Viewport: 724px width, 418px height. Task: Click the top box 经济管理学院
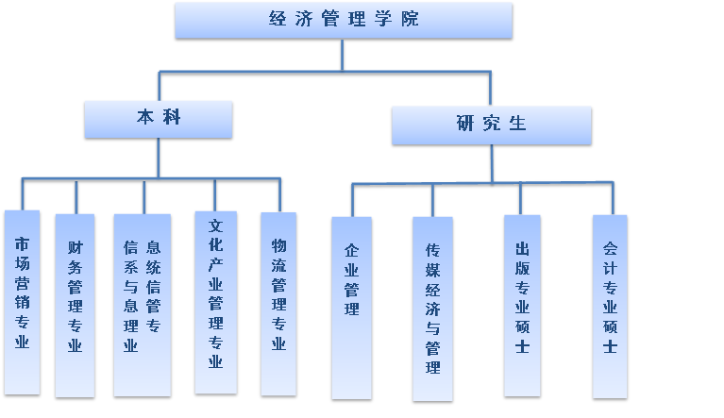tap(343, 20)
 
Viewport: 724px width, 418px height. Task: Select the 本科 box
tap(158, 119)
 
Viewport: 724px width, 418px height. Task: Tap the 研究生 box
tap(491, 125)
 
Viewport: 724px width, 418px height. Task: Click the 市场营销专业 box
tap(22, 301)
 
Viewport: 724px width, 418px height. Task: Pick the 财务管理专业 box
tap(75, 305)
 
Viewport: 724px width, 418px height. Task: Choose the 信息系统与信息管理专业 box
tap(142, 304)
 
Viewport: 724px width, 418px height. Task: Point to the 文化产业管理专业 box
tap(215, 301)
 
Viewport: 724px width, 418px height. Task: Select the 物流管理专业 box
tap(278, 303)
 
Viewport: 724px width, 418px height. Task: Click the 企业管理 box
tap(351, 307)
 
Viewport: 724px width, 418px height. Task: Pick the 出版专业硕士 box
tap(521, 305)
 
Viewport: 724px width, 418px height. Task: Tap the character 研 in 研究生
tap(464, 124)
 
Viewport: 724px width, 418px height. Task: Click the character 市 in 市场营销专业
tap(22, 242)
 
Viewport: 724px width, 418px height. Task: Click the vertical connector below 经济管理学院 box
tap(343, 55)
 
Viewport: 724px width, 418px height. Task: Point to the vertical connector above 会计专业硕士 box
tap(613, 199)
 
